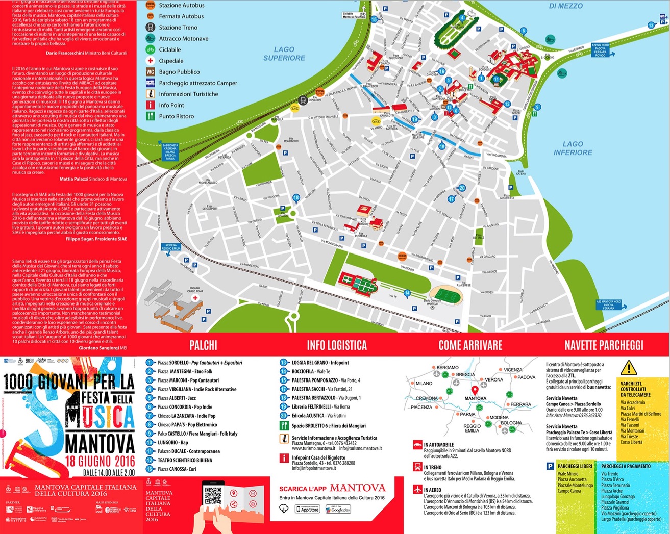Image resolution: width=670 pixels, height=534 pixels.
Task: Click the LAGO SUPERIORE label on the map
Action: point(284,54)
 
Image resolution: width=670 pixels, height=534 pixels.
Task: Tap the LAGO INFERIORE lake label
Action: point(573,148)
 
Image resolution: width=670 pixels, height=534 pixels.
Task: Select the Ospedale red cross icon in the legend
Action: point(151,61)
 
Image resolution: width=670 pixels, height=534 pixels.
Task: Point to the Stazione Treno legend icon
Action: point(151,28)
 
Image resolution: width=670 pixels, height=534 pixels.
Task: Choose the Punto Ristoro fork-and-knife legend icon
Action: point(151,116)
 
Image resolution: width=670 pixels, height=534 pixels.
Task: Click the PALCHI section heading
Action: point(203,345)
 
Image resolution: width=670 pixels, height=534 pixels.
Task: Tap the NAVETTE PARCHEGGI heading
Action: point(604,345)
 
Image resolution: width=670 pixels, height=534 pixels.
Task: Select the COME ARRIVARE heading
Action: point(470,345)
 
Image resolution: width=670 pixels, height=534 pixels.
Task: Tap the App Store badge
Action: point(307,509)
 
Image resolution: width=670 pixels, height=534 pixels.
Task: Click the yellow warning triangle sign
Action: point(629,368)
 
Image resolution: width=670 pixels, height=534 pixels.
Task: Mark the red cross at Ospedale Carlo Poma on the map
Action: point(195,298)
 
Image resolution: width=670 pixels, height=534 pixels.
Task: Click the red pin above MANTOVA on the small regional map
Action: point(475,390)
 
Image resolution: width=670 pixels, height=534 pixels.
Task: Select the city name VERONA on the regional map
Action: point(493,380)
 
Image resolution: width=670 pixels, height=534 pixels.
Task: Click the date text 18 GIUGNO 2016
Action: point(100,462)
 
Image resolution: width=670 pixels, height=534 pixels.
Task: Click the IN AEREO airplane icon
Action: point(417,490)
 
